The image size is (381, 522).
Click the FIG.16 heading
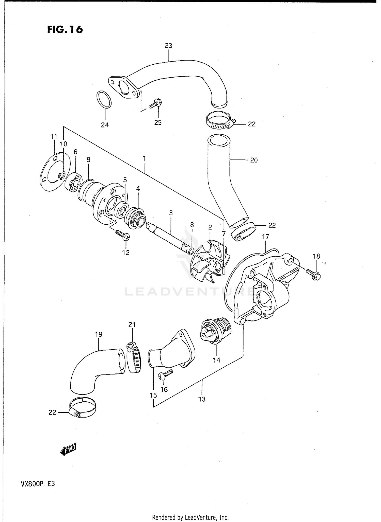(65, 30)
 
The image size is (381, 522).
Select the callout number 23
(168, 46)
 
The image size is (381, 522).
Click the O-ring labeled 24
(104, 99)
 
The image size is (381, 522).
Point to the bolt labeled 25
(155, 104)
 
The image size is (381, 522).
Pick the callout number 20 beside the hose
(254, 160)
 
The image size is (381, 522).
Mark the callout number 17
(265, 237)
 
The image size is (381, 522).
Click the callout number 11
(54, 137)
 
